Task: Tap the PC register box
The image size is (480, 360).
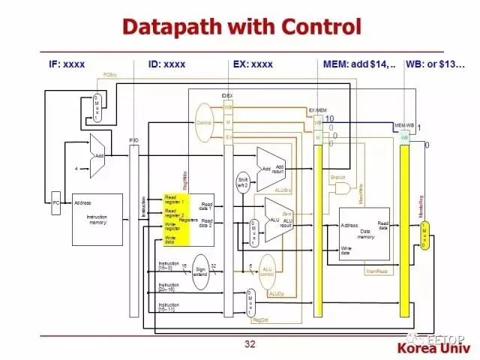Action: (55, 202)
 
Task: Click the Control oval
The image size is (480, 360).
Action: (204, 123)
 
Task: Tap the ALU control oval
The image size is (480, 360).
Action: (266, 271)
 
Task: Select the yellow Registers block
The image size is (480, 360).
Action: (177, 219)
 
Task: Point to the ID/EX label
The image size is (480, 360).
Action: (228, 96)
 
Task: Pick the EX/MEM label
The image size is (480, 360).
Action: (317, 111)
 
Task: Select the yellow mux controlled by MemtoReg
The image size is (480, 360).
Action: (424, 236)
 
